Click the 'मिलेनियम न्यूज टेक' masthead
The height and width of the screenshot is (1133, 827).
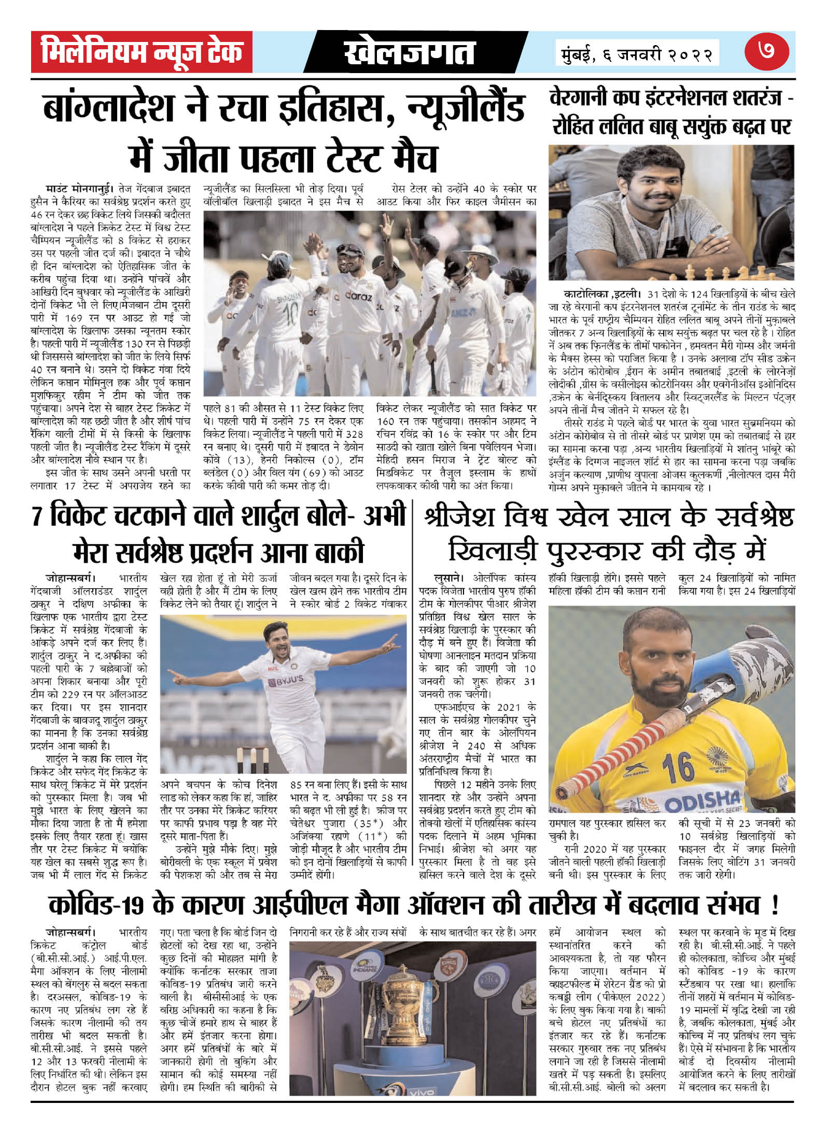(142, 52)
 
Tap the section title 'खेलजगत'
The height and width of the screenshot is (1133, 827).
(410, 53)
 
